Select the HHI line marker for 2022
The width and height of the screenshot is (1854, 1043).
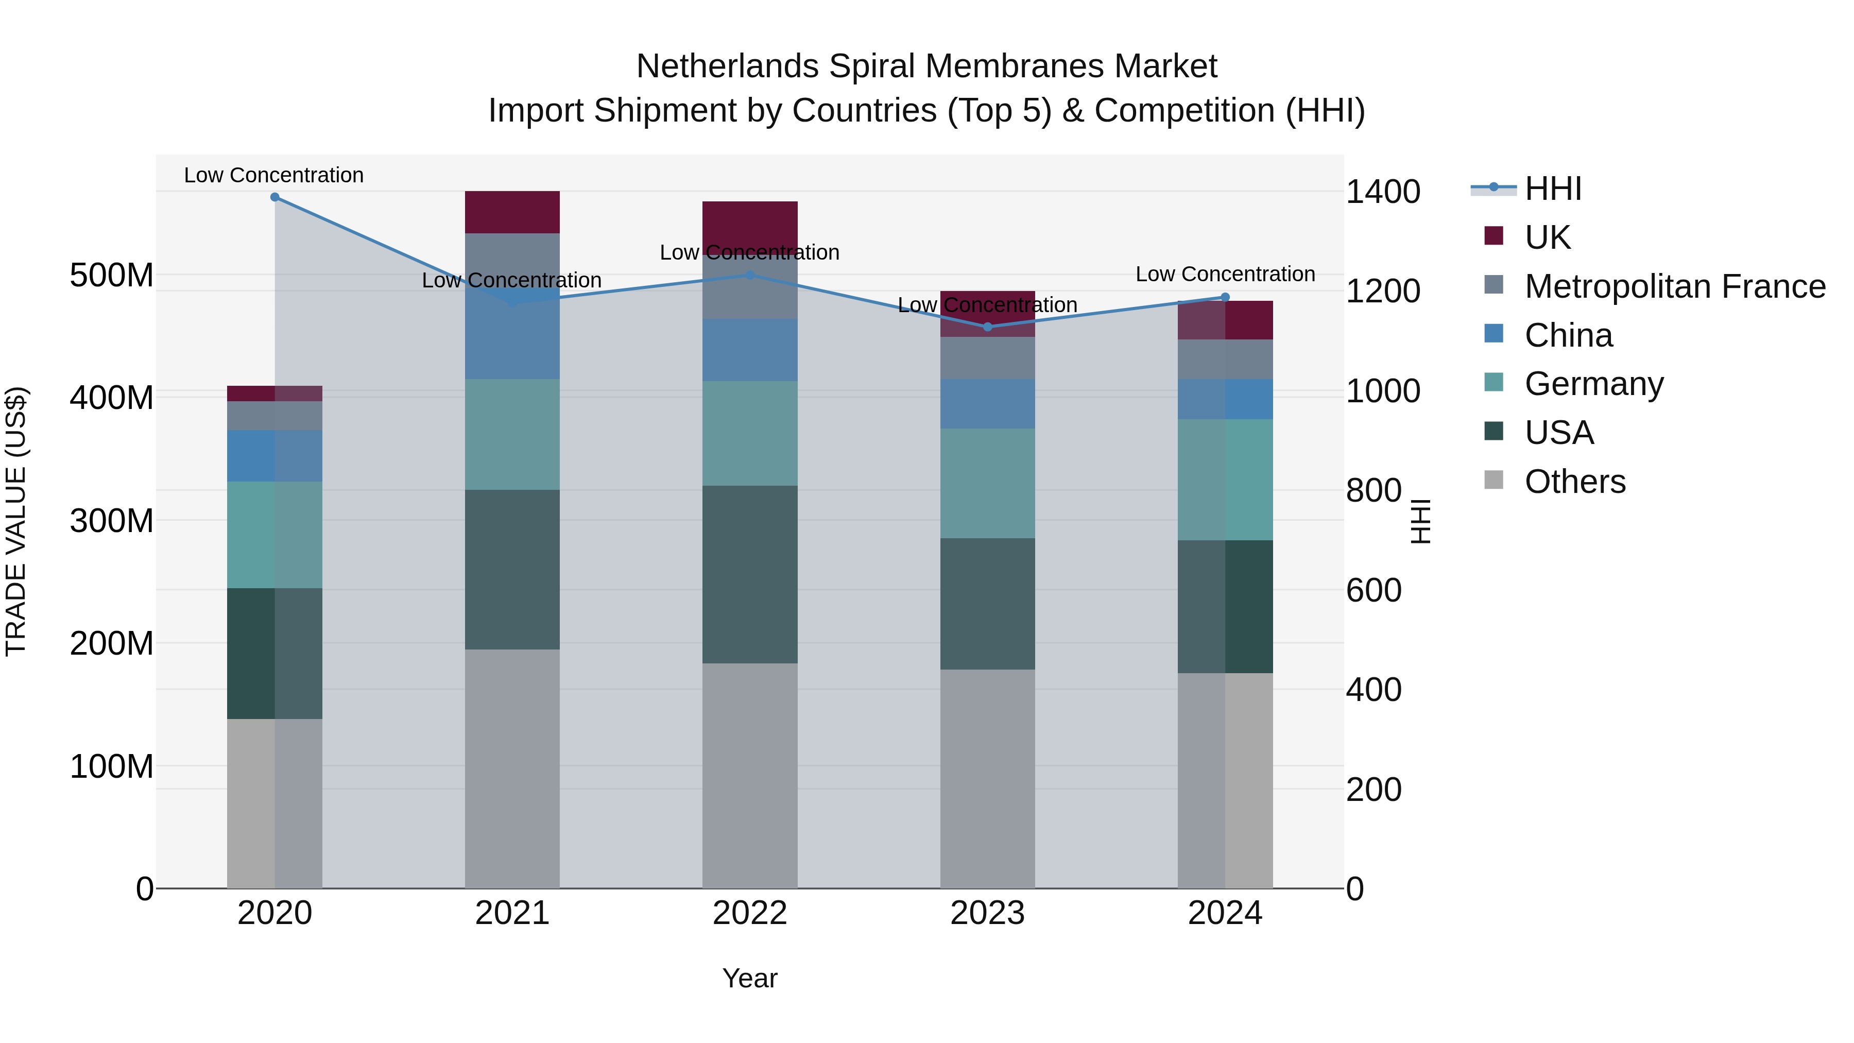tap(750, 275)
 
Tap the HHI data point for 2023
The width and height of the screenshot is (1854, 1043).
tap(987, 327)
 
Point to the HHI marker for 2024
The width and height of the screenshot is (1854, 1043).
tap(1226, 297)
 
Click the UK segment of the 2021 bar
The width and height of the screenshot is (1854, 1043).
tap(512, 212)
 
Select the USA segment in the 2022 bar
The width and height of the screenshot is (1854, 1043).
tap(750, 574)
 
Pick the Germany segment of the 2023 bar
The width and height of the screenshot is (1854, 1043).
tap(987, 483)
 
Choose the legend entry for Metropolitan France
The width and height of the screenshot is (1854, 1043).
tap(1675, 286)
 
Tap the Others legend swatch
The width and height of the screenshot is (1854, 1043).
tap(1494, 480)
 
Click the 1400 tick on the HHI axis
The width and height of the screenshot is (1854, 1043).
tap(1383, 192)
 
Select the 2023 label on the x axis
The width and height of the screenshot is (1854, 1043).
tap(987, 913)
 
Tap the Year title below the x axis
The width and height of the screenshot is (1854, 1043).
tap(750, 978)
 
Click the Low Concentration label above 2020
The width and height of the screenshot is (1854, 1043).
tap(273, 175)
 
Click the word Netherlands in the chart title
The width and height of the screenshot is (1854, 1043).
tap(727, 66)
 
